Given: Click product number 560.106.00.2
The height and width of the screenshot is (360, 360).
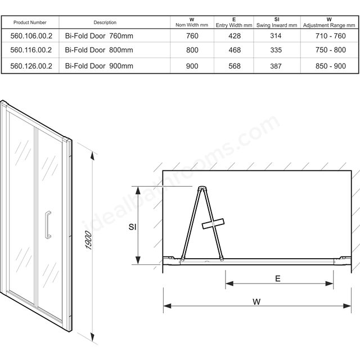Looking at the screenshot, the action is [x=31, y=36].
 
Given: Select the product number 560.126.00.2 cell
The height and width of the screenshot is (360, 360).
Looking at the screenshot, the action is [x=31, y=66].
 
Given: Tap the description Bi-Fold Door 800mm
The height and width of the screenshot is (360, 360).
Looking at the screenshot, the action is [x=99, y=50].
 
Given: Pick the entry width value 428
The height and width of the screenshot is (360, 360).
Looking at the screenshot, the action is [x=235, y=36].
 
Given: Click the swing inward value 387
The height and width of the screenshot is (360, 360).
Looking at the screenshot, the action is [x=276, y=66].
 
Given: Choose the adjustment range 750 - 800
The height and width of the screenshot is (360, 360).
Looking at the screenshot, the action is [x=331, y=50].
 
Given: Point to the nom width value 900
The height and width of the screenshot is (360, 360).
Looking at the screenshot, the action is [x=192, y=66].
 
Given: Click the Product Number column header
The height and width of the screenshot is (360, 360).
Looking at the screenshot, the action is [x=30, y=22].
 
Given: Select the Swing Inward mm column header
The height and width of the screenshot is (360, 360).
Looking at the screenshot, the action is [x=277, y=22].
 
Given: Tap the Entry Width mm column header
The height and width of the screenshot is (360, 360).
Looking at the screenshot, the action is [x=234, y=22].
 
